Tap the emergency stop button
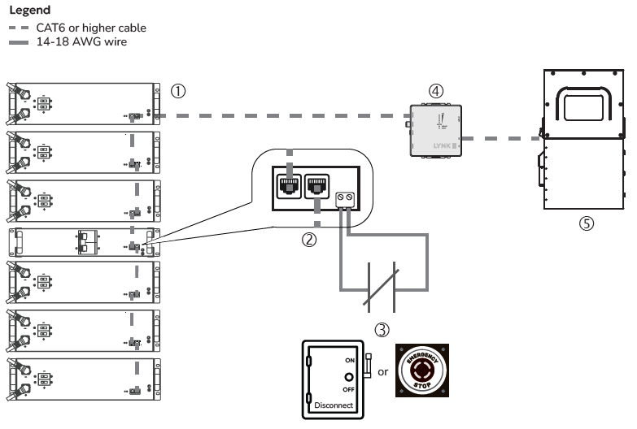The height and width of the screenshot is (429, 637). [x=422, y=370]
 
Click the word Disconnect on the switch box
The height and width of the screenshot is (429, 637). [x=334, y=404]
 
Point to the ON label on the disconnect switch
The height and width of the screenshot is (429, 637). [x=349, y=359]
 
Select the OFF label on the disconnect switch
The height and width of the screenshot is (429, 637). [x=349, y=389]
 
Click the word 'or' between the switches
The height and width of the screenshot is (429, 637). [x=382, y=371]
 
